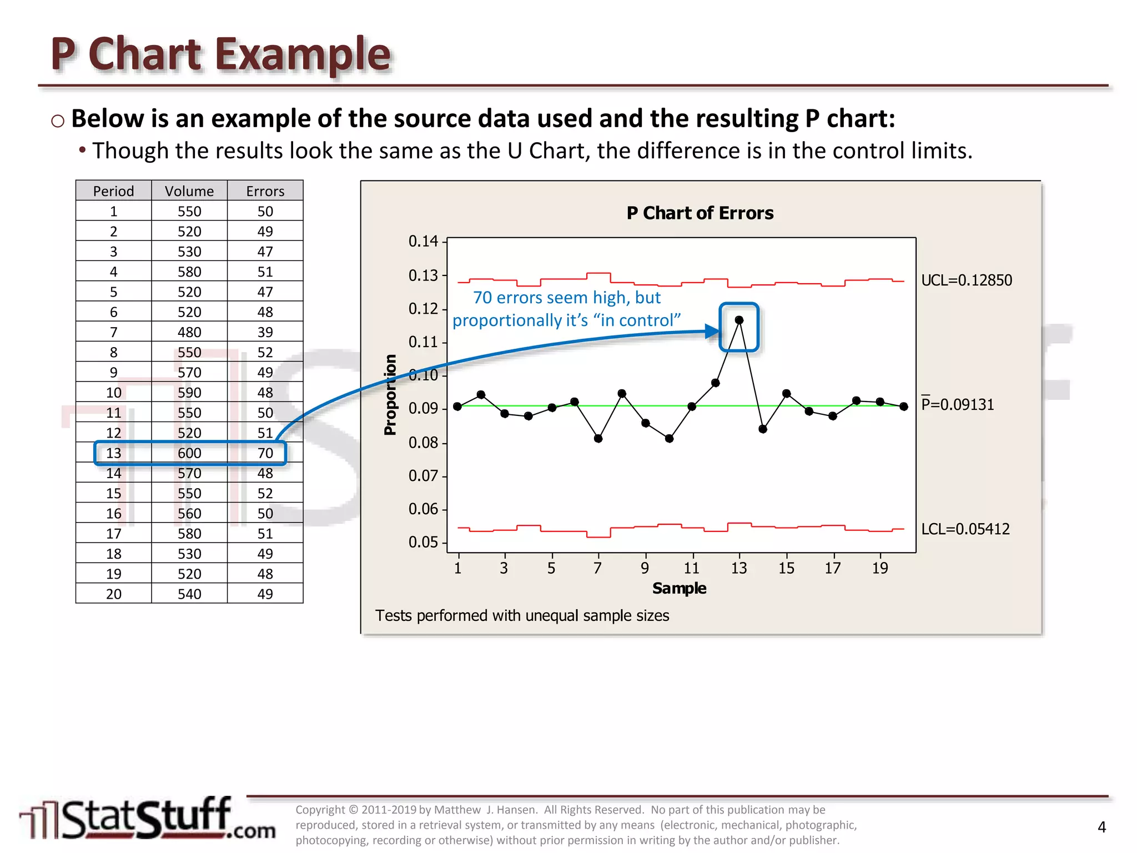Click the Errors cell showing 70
pyautogui.click(x=265, y=453)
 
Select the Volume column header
pyautogui.click(x=189, y=191)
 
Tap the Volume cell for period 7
pyautogui.click(x=189, y=332)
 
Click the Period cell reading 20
pyautogui.click(x=114, y=594)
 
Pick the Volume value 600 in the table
pyautogui.click(x=189, y=453)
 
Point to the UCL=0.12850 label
pyautogui.click(x=966, y=280)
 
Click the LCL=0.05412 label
pyautogui.click(x=965, y=529)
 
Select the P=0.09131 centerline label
pyautogui.click(x=957, y=404)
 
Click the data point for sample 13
pyautogui.click(x=739, y=320)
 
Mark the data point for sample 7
pyautogui.click(x=598, y=438)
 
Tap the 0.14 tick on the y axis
pyautogui.click(x=423, y=242)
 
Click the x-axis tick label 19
pyautogui.click(x=880, y=568)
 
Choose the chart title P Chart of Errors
pyautogui.click(x=700, y=213)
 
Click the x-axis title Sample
pyautogui.click(x=679, y=588)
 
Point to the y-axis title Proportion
pyautogui.click(x=390, y=395)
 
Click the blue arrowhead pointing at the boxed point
pyautogui.click(x=712, y=332)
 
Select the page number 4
pyautogui.click(x=1101, y=827)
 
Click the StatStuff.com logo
pyautogui.click(x=147, y=819)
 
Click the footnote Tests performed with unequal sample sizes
pyautogui.click(x=522, y=616)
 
